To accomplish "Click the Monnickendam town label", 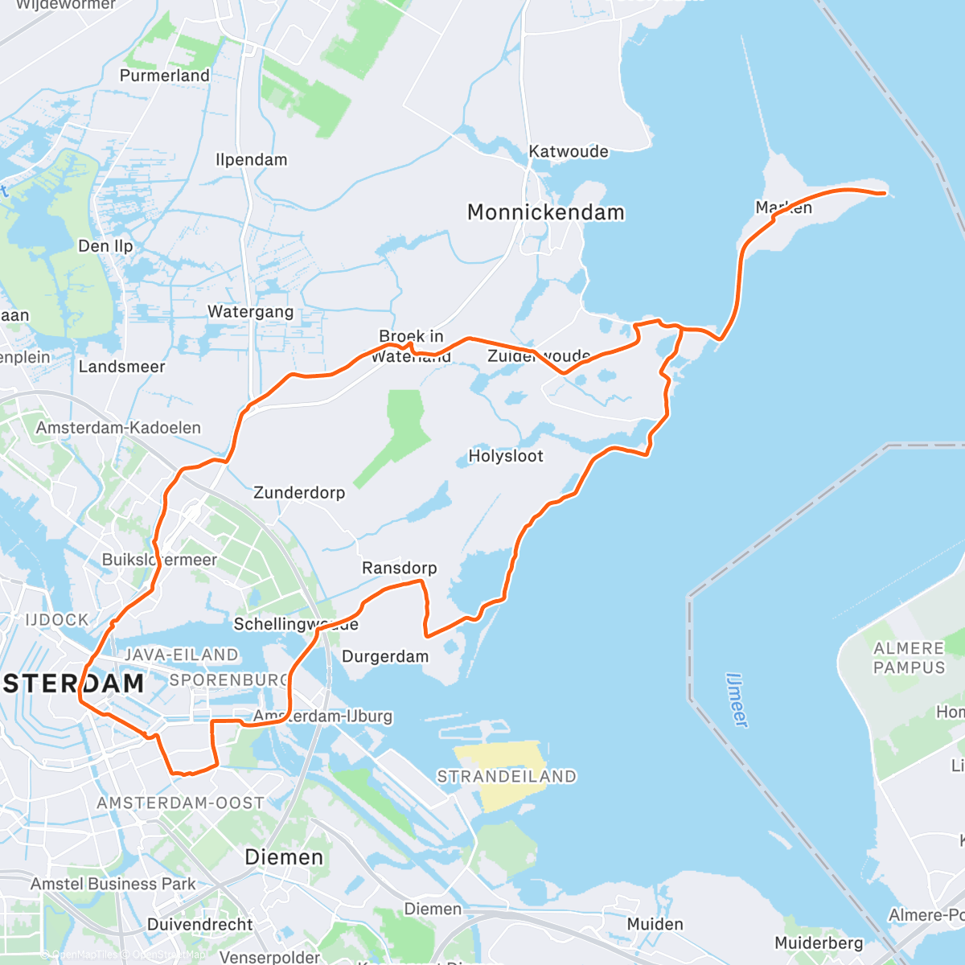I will (546, 213).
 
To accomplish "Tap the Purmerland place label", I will (165, 76).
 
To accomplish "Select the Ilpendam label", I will (251, 159).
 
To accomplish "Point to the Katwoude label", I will (569, 152).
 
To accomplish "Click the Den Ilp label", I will (105, 246).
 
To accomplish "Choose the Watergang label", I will (251, 312).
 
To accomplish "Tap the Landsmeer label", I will (121, 367).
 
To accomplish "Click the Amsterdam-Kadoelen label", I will (118, 428).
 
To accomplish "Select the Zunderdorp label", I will (299, 493).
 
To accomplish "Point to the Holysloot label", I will (506, 457).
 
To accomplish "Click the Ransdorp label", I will (400, 569).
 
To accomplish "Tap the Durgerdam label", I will (385, 657).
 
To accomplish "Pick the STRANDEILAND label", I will (507, 777).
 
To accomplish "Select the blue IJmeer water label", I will (737, 700).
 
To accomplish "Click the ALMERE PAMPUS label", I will (909, 658).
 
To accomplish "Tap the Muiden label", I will (655, 925).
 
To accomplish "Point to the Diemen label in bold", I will (284, 857).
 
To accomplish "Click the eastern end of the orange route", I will (884, 193).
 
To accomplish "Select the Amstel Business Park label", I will (113, 884).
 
